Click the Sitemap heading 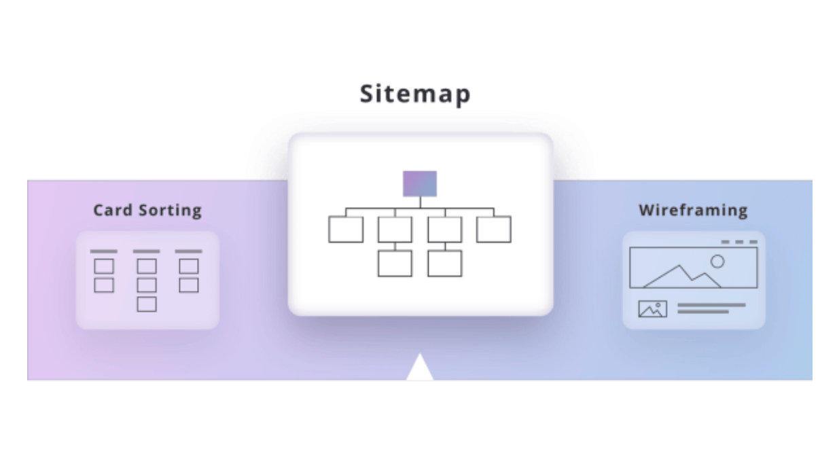pos(414,94)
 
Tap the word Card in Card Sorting pos(113,211)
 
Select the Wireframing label pos(693,211)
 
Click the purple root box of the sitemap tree pos(420,183)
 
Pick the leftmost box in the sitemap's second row pos(346,230)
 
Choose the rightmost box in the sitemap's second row pos(494,230)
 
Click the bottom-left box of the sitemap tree pos(395,264)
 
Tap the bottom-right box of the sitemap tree pos(444,264)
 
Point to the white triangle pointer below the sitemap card pos(420,368)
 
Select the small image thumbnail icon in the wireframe pos(652,309)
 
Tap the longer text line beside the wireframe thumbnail pos(711,305)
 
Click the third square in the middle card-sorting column pos(147,304)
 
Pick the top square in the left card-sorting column pos(104,266)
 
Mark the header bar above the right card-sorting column pos(189,251)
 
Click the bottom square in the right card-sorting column pos(189,285)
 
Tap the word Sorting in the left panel pos(171,211)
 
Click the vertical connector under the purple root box pos(420,202)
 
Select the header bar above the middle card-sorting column pos(147,251)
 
